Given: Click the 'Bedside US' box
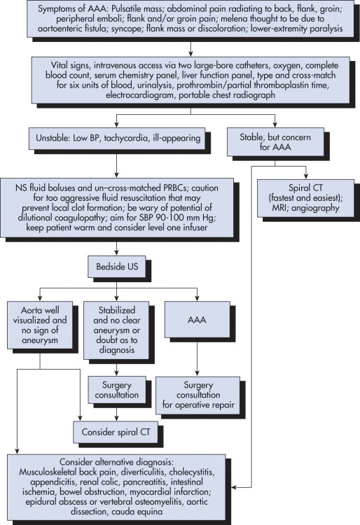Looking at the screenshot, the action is (117, 267).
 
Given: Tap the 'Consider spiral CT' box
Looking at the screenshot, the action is (116, 432).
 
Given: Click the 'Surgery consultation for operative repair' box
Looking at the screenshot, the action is (198, 395).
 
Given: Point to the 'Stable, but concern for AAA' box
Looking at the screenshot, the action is (275, 142).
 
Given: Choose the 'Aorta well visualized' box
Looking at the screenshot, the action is (40, 325).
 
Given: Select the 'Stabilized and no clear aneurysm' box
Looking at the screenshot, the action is (116, 330).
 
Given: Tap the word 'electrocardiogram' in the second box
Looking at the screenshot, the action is (140, 95).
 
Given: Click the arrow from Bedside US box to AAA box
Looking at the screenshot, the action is (157, 287).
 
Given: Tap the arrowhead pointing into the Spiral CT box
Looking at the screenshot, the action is (305, 177).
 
